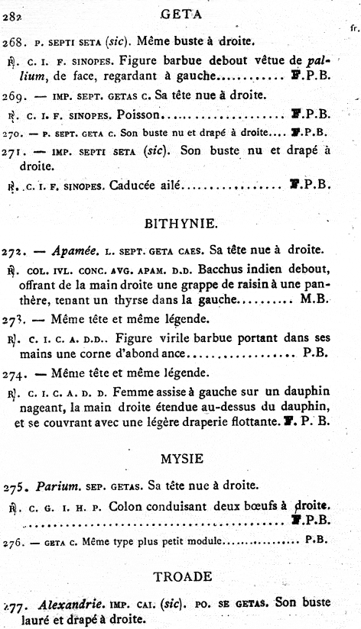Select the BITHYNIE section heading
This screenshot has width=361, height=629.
(180, 224)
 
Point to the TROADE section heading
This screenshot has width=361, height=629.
(180, 577)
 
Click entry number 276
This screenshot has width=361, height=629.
(12, 541)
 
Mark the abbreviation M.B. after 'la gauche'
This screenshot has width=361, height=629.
(316, 302)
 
